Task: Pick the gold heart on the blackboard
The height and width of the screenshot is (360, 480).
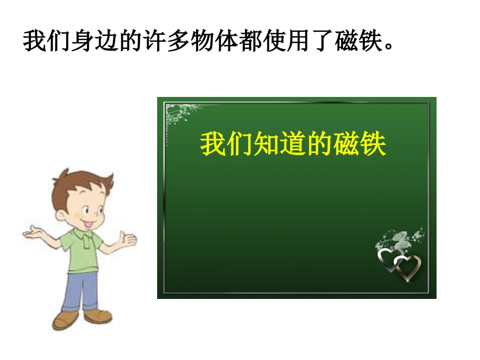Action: pos(408,267)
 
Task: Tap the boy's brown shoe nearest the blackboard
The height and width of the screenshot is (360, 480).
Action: pos(98,316)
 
